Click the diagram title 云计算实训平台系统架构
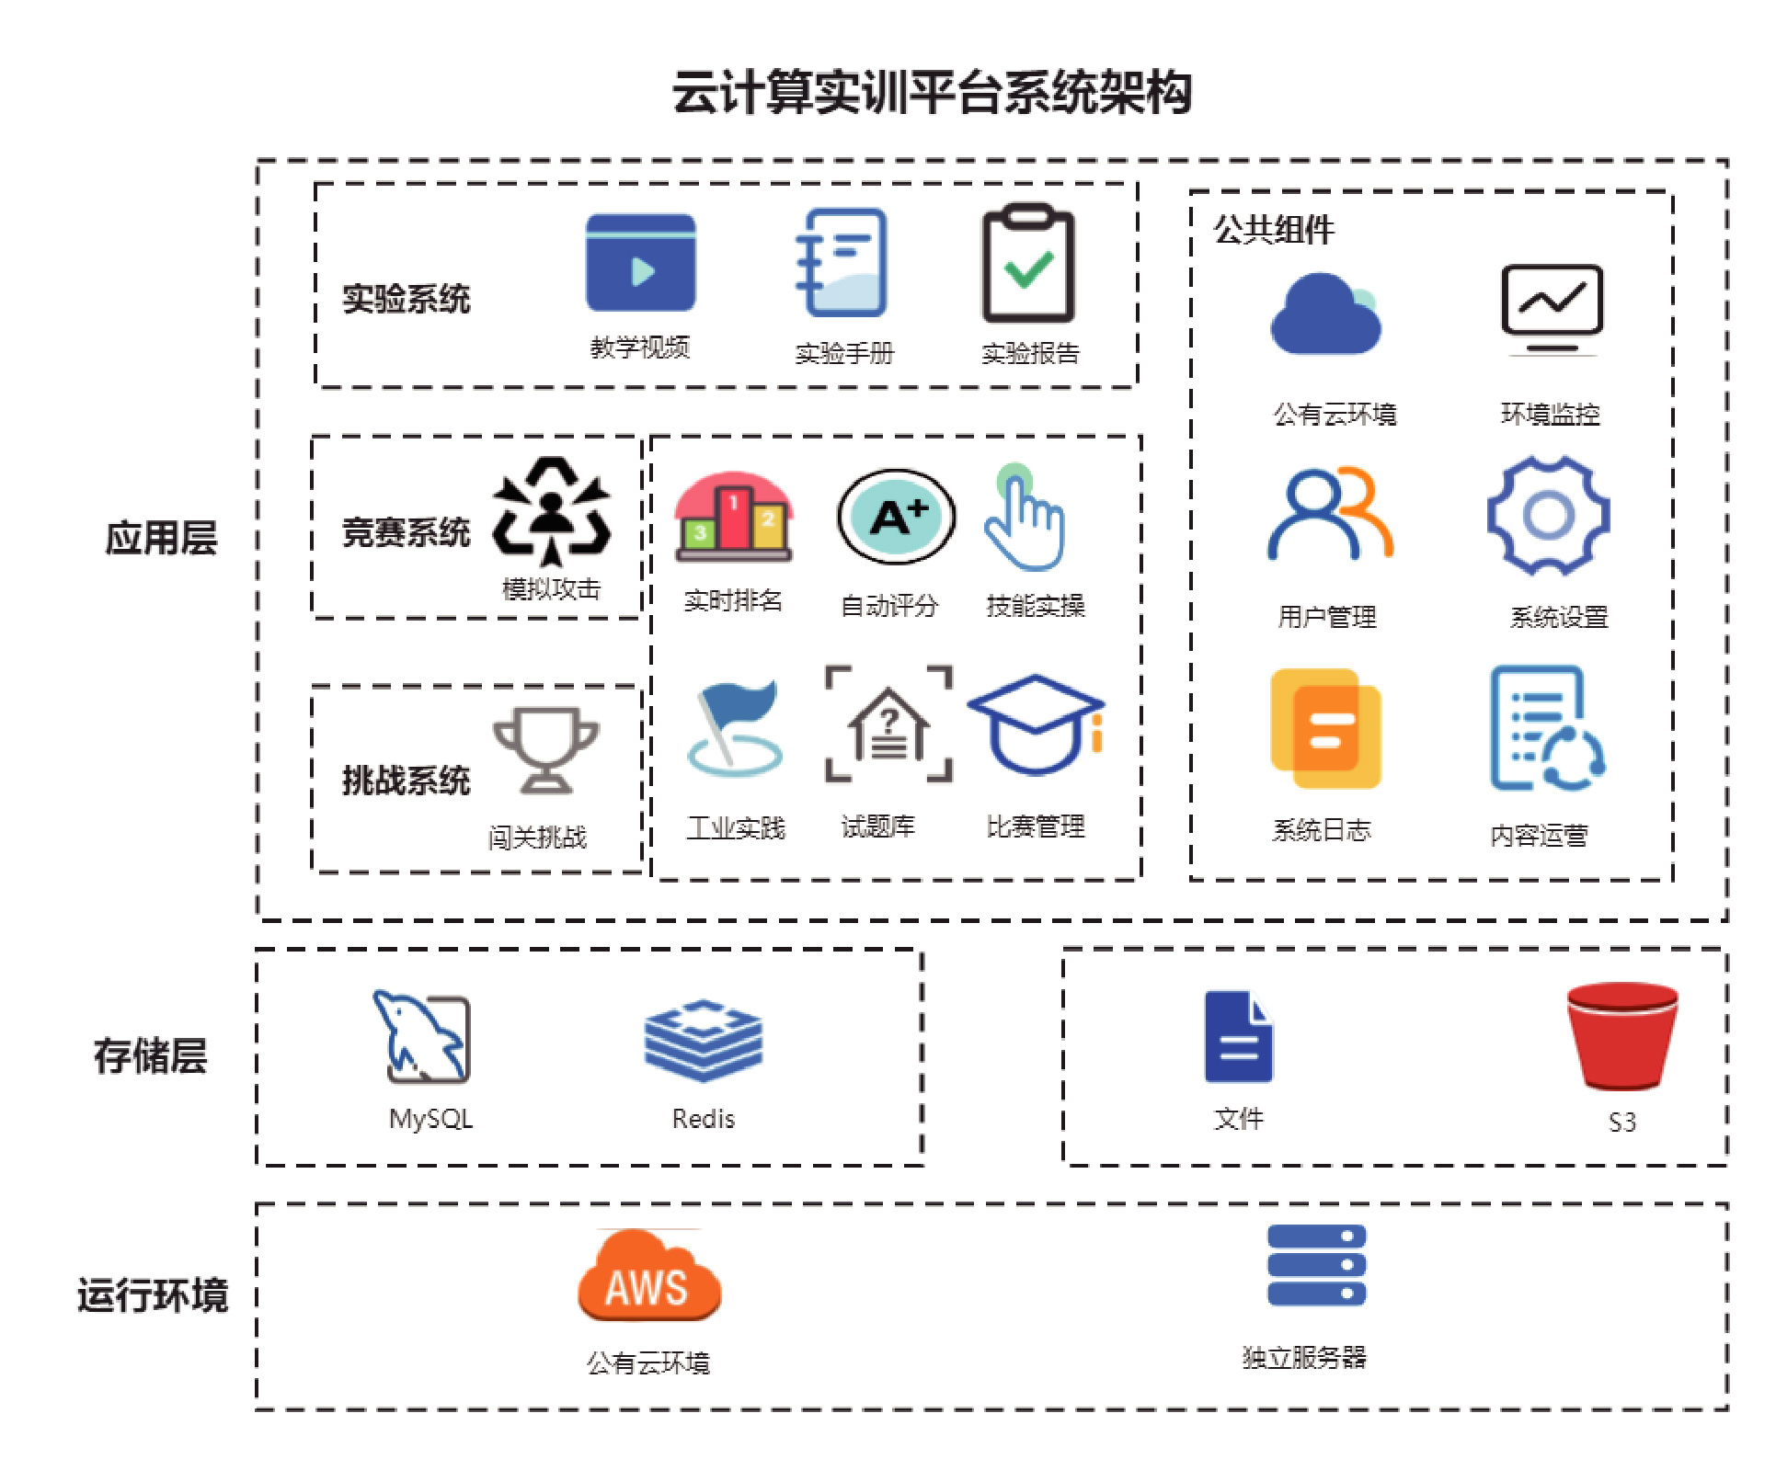click(x=932, y=93)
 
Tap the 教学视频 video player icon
click(x=640, y=263)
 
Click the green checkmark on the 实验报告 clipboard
click(x=1029, y=268)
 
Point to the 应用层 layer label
click(x=161, y=538)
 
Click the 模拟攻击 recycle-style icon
click(x=551, y=510)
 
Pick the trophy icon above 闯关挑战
click(x=545, y=748)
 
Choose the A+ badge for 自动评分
click(x=896, y=518)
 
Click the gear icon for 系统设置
click(x=1548, y=516)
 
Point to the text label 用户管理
click(x=1326, y=617)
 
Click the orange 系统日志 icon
click(x=1325, y=728)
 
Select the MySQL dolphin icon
click(x=422, y=1036)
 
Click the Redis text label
click(x=704, y=1119)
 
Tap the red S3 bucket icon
click(x=1621, y=1035)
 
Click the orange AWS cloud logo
click(x=648, y=1279)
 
